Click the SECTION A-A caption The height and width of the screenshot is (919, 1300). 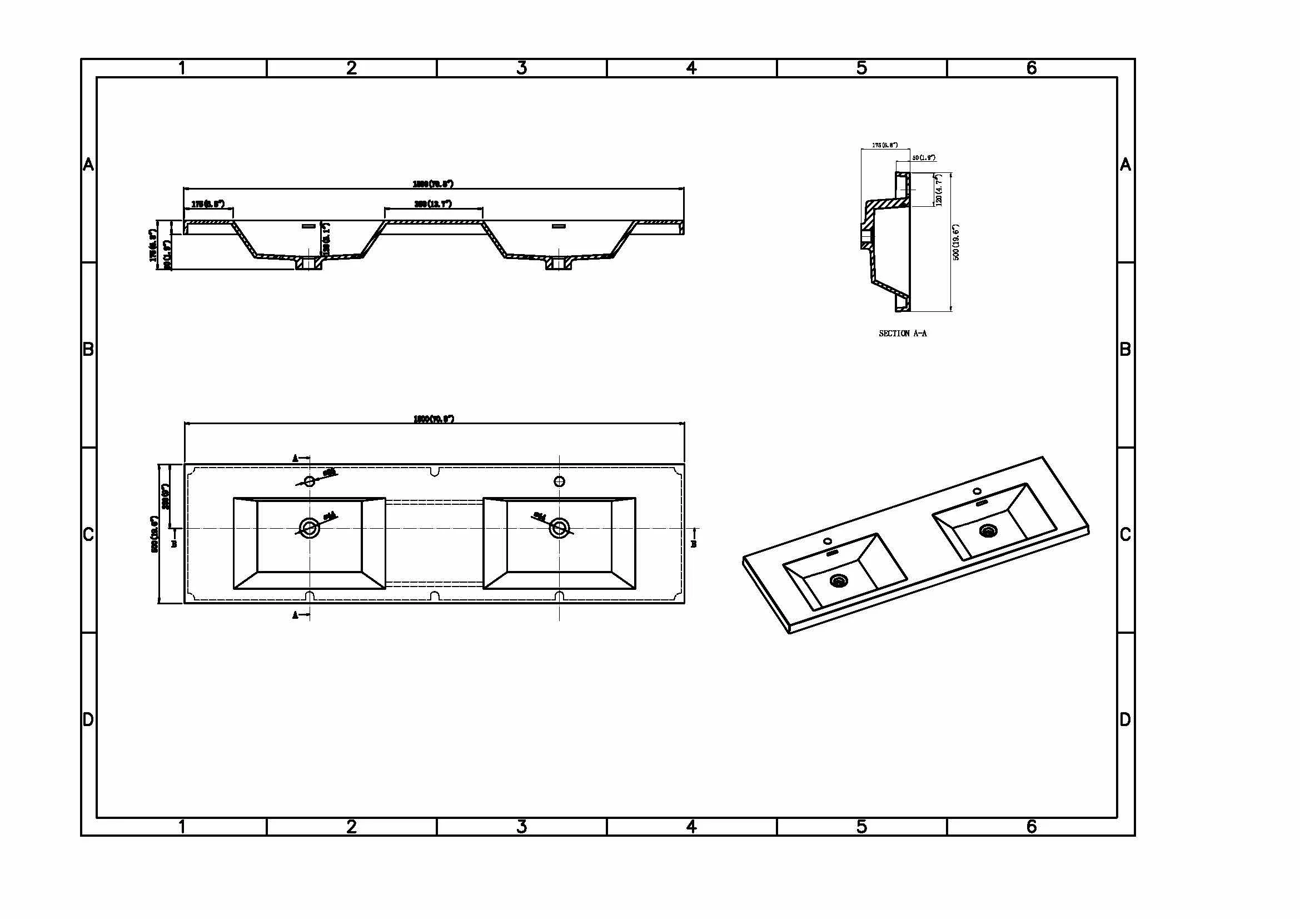point(903,334)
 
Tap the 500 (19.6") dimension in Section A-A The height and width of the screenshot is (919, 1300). point(957,242)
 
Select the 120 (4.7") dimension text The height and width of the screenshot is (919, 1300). point(939,190)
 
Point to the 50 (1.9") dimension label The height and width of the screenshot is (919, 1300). point(924,157)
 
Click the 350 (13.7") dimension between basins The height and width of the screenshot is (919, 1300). point(433,204)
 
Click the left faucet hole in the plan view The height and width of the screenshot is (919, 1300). point(310,481)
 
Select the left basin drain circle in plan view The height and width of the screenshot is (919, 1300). point(310,528)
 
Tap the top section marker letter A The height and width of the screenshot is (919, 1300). point(295,459)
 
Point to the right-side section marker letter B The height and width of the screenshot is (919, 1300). point(694,544)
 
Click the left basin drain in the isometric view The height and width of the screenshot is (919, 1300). point(839,580)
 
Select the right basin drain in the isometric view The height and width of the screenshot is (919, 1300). point(989,530)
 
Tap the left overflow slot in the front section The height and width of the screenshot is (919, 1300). point(308,226)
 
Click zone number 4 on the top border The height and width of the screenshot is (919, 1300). point(691,68)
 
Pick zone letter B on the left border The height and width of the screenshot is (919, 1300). point(88,349)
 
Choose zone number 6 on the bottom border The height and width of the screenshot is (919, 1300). point(1032,827)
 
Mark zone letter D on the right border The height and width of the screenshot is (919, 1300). point(1125,719)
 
